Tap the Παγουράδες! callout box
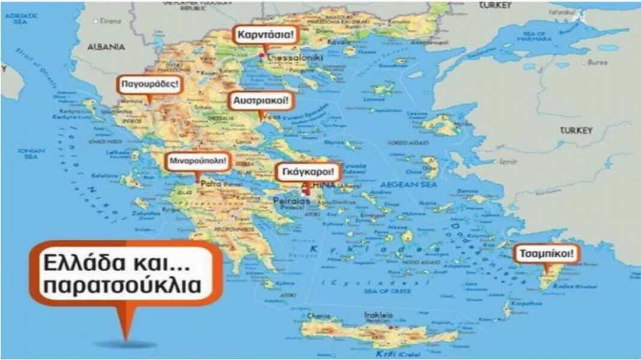tap(149, 84)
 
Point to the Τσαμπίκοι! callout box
tap(547, 254)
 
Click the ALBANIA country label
tap(106, 46)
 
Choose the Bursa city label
tap(598, 62)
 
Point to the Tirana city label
tap(110, 20)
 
